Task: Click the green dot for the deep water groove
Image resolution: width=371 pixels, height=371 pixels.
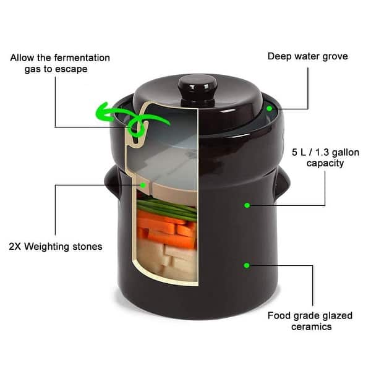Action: click(x=270, y=108)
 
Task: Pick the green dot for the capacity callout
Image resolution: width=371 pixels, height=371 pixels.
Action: click(x=247, y=205)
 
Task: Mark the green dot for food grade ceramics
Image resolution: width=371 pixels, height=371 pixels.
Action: click(x=247, y=265)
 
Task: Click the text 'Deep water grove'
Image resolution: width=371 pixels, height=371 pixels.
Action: click(x=307, y=56)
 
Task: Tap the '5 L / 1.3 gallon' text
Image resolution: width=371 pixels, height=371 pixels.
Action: click(x=325, y=152)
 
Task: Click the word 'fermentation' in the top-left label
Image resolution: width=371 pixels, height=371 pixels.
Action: click(x=80, y=58)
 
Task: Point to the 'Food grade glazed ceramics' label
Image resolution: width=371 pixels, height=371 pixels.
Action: click(x=310, y=321)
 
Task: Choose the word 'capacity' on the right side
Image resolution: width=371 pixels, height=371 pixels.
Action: click(x=325, y=164)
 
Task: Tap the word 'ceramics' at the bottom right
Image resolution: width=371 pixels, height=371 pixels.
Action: click(x=310, y=327)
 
